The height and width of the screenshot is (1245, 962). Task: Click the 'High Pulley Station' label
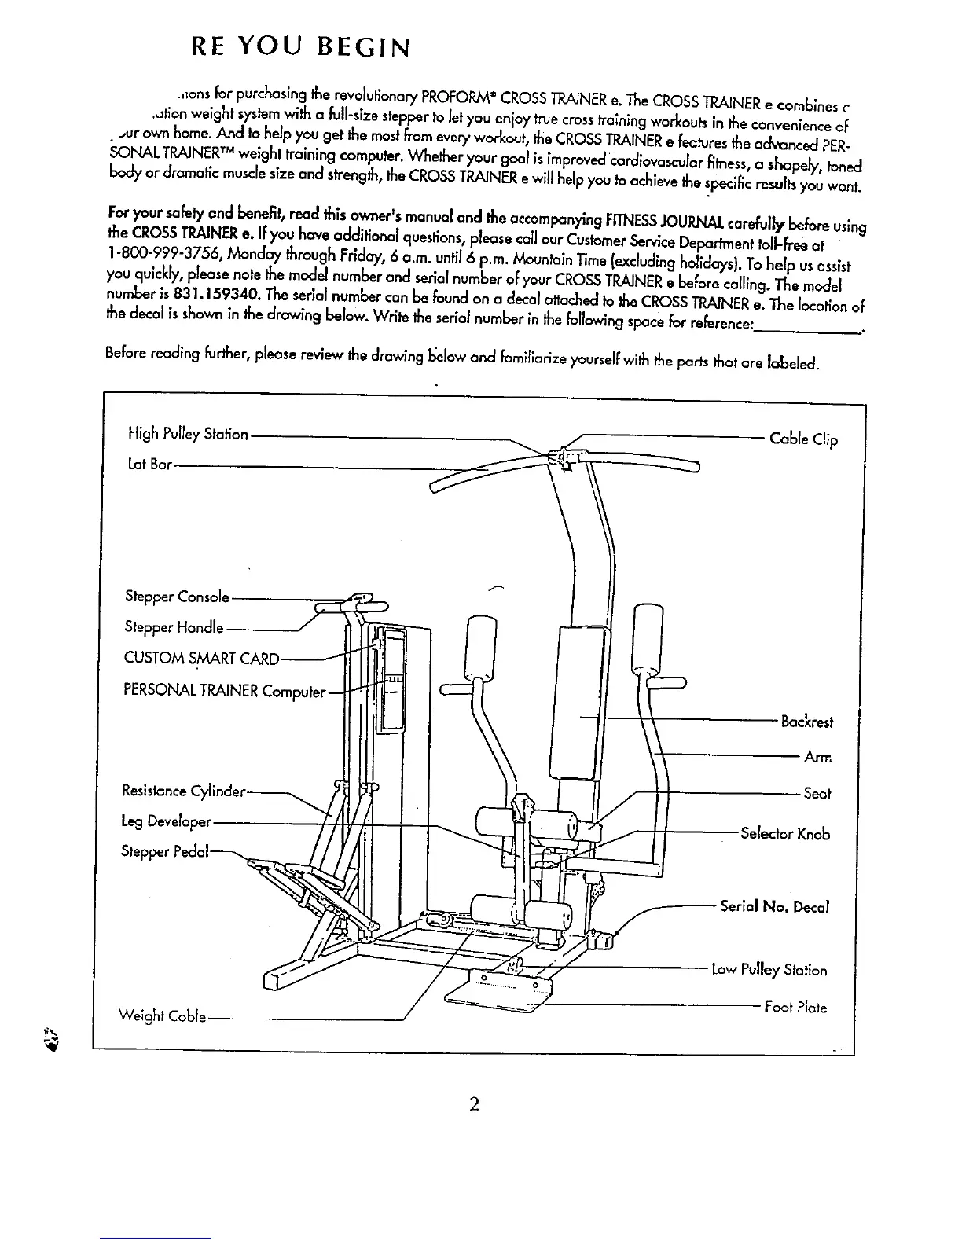point(188,434)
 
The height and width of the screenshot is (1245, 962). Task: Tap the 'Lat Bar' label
point(149,465)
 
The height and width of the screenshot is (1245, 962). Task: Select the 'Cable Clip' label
point(803,439)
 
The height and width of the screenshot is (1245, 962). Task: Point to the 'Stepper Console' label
point(177,597)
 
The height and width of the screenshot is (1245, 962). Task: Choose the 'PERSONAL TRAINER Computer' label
point(224,691)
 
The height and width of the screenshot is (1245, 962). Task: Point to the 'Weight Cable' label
point(162,1016)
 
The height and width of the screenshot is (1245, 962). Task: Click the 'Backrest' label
point(806,722)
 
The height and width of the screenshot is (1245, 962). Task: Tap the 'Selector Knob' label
point(785,834)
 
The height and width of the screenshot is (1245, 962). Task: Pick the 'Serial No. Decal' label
point(775,906)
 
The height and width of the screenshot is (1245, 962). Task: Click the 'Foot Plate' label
point(795,1007)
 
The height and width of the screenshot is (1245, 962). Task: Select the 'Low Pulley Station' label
point(769,970)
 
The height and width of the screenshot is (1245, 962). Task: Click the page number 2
point(474,1104)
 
